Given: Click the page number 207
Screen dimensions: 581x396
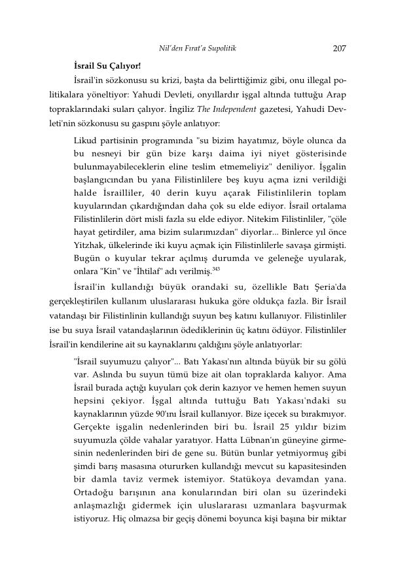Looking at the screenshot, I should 339,48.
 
